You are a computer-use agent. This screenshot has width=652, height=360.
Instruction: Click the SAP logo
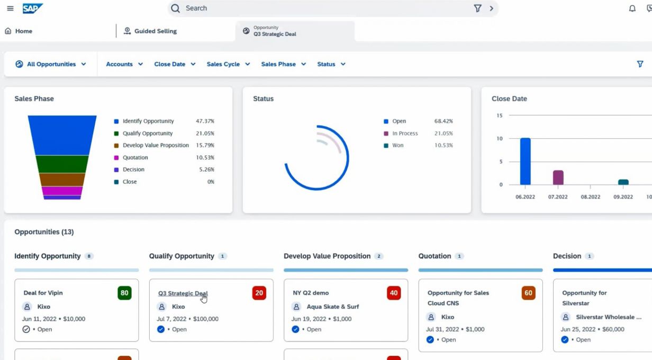click(x=33, y=8)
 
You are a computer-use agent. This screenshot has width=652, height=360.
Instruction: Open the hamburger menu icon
click(x=10, y=8)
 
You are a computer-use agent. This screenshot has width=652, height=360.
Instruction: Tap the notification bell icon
click(x=632, y=8)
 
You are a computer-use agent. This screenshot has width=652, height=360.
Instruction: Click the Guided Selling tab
click(x=150, y=31)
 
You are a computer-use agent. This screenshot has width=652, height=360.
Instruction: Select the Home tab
click(x=19, y=31)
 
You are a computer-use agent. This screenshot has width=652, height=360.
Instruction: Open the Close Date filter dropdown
click(x=175, y=64)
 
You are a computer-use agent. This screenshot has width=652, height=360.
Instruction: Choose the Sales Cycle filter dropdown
click(x=228, y=64)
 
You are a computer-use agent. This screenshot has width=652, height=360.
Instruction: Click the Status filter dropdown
click(x=331, y=64)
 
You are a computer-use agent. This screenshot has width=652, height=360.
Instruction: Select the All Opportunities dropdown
click(x=51, y=64)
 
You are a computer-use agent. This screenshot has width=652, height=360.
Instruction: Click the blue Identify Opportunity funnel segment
click(x=62, y=135)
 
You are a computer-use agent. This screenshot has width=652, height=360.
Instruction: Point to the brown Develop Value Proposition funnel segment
click(x=62, y=179)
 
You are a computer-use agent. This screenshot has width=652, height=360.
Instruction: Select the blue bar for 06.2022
click(x=526, y=161)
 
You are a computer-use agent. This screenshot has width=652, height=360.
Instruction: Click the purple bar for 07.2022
click(x=558, y=177)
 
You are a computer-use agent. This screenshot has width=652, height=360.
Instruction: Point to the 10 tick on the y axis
click(x=500, y=139)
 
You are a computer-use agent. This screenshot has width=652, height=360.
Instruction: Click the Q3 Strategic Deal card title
click(x=183, y=293)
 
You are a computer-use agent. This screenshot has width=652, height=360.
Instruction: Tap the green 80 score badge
click(x=124, y=293)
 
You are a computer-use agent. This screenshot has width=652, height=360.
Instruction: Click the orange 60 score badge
click(x=528, y=293)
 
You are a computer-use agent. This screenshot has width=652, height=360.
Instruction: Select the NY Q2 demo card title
click(x=311, y=293)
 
